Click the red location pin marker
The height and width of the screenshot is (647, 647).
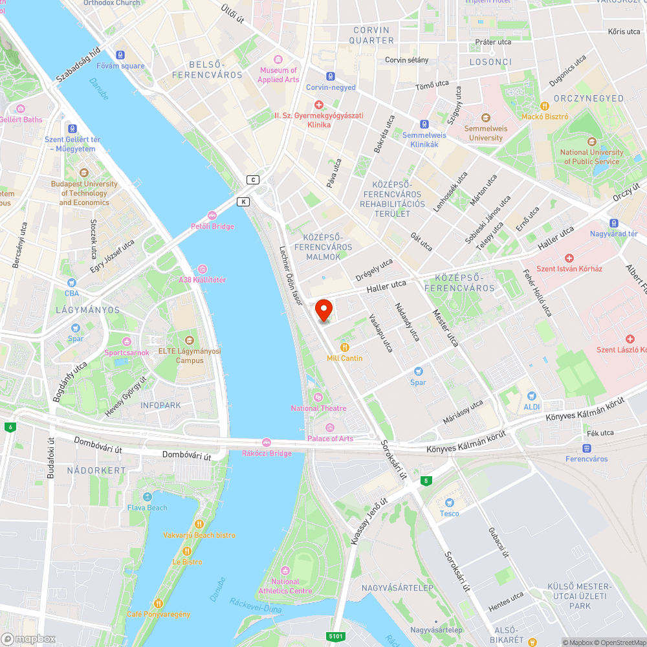click(323, 310)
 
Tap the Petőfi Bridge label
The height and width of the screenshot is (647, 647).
click(212, 226)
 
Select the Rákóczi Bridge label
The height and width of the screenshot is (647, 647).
click(267, 453)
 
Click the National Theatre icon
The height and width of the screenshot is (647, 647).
click(318, 397)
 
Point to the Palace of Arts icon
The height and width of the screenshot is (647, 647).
click(330, 428)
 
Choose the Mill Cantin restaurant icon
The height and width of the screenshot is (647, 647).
click(344, 347)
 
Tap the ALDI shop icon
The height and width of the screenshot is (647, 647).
click(531, 396)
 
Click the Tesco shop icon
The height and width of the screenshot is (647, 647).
click(450, 503)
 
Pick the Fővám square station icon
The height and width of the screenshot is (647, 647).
click(120, 55)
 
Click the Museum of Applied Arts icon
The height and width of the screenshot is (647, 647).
click(278, 60)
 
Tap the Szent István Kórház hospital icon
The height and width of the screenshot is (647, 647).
click(569, 258)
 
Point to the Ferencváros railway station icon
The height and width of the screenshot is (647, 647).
click(587, 448)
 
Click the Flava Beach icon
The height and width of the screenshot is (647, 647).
click(148, 497)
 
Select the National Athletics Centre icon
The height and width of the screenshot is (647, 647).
click(285, 571)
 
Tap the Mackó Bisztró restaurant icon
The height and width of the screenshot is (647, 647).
click(545, 105)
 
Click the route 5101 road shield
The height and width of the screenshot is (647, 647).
click(335, 637)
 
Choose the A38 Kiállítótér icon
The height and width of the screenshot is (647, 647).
click(203, 269)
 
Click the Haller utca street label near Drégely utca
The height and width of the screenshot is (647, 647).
click(386, 285)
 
